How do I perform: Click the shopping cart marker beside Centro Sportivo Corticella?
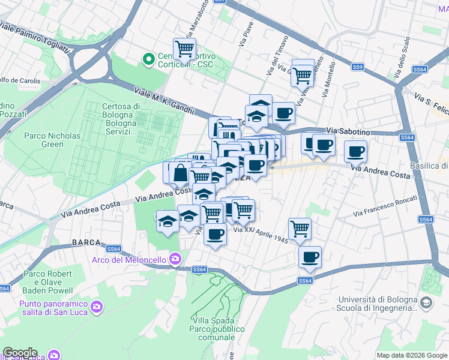(x=184, y=48)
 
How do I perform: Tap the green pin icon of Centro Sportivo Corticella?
(x=148, y=59)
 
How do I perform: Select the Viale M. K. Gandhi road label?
(x=164, y=101)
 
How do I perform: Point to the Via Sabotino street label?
(x=348, y=130)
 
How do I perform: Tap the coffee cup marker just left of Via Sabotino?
(x=283, y=112)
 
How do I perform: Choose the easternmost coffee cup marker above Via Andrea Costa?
(x=355, y=150)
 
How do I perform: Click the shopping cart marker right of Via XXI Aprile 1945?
(x=300, y=228)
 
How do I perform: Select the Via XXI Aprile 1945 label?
(x=261, y=235)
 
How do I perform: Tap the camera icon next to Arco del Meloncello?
(x=175, y=259)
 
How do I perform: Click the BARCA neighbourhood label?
(x=86, y=242)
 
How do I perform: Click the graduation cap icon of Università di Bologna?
(x=426, y=304)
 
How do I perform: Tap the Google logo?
(x=20, y=353)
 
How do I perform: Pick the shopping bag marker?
(x=179, y=173)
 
